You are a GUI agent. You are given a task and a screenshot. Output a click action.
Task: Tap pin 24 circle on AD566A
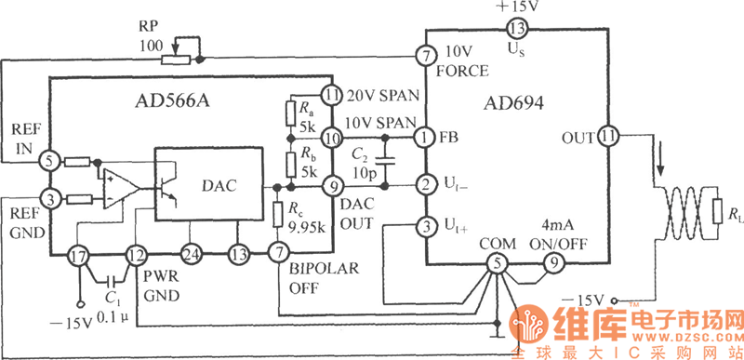click(192, 254)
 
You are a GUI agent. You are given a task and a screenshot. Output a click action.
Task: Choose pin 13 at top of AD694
click(515, 29)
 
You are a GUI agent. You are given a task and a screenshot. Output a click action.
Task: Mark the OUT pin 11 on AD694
click(608, 138)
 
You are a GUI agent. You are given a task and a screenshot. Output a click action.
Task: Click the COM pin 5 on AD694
click(498, 263)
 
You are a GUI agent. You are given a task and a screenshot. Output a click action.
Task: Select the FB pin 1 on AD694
click(425, 138)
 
